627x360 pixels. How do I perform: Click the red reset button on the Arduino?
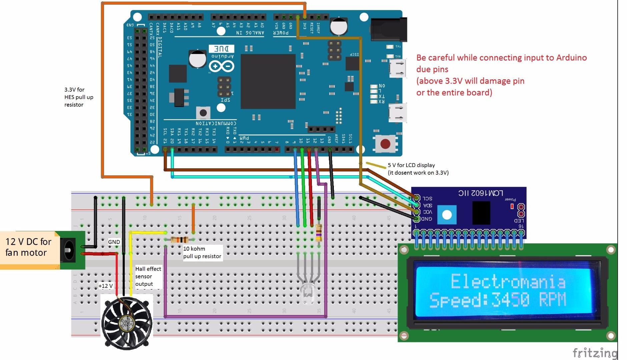(x=385, y=144)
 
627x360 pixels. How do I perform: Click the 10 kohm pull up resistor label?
(x=202, y=252)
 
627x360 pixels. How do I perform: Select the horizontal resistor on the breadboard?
(x=179, y=239)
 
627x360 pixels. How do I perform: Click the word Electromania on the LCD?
(x=508, y=282)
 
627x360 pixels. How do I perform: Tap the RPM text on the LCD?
(x=553, y=300)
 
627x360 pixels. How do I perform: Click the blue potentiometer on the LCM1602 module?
(x=447, y=215)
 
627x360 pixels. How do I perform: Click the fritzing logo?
(x=595, y=353)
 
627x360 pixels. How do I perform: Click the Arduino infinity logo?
(x=221, y=67)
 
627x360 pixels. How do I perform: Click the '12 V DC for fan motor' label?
(x=28, y=247)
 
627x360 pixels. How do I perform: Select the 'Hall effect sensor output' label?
(x=148, y=276)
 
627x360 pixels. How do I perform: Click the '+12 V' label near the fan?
(x=105, y=286)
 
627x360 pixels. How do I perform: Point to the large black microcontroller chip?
(x=268, y=82)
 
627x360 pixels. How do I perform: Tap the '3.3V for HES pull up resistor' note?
(x=79, y=97)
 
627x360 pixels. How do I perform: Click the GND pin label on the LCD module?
(x=426, y=219)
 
